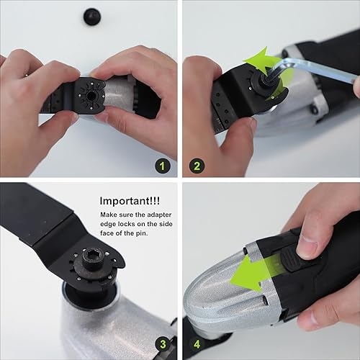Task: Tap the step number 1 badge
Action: coord(163,166)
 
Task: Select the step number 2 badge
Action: coord(197,166)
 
